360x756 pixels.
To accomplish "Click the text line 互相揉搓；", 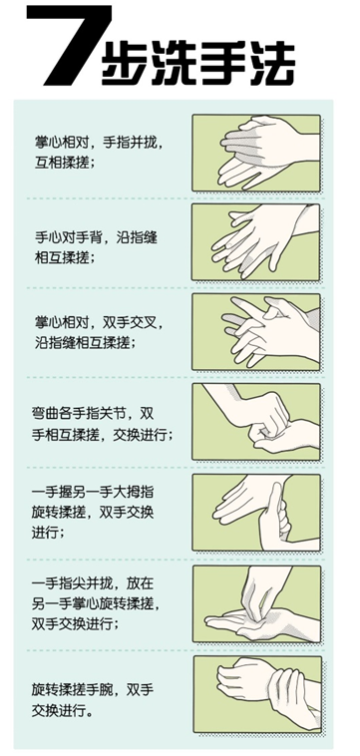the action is pyautogui.click(x=64, y=163).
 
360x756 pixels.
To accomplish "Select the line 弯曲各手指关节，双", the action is pyautogui.click(x=92, y=414).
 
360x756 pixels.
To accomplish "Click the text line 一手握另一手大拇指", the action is pyautogui.click(x=92, y=493).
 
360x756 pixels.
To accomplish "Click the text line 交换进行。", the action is pyautogui.click(x=63, y=711).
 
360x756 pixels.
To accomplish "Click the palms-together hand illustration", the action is pyautogui.click(x=256, y=153).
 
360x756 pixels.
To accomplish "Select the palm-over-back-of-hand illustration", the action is pyautogui.click(x=256, y=242).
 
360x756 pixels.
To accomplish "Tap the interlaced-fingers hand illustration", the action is pyautogui.click(x=256, y=332).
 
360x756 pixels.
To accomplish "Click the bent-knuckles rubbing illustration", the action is pyautogui.click(x=256, y=422).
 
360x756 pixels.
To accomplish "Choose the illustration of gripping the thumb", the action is pyautogui.click(x=256, y=512).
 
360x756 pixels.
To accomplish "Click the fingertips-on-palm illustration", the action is pyautogui.click(x=257, y=603).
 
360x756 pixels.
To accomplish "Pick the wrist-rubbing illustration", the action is pyautogui.click(x=258, y=694).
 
